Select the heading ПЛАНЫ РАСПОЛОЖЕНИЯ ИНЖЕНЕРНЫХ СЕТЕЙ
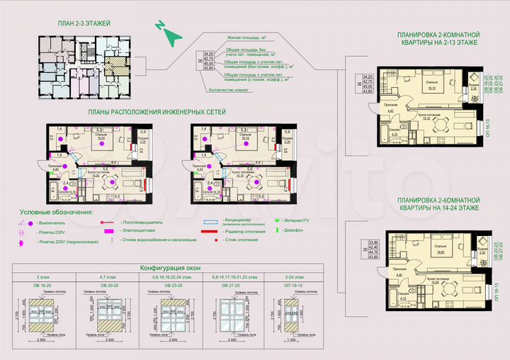point(157,113)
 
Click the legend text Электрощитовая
point(139,231)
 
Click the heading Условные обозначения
point(57,212)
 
